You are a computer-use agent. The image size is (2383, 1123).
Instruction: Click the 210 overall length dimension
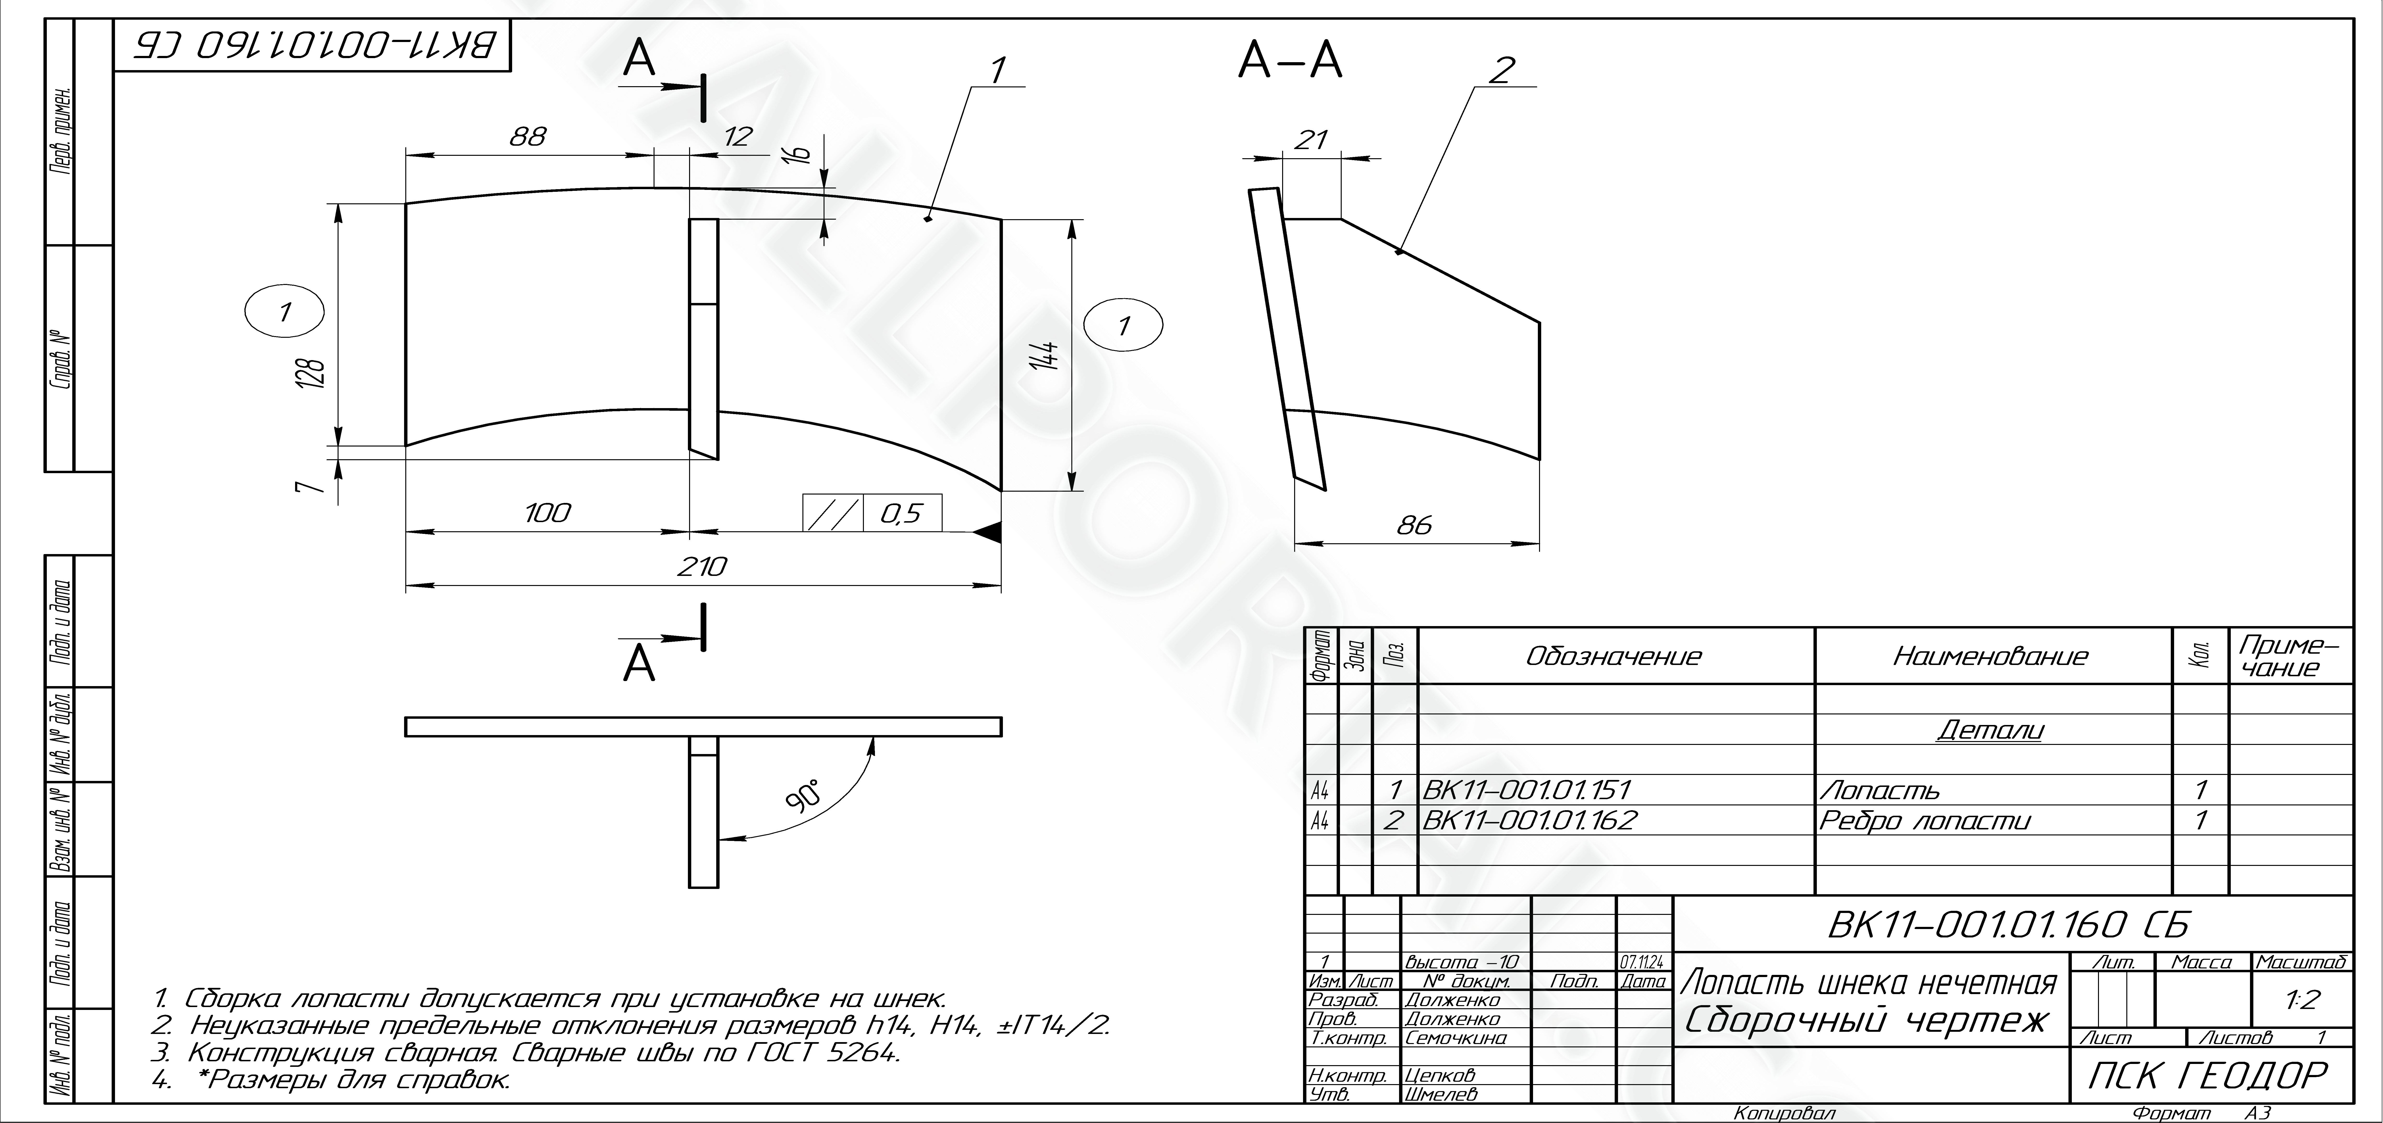pos(702,566)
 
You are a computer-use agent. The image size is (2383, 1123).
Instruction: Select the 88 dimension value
pos(528,137)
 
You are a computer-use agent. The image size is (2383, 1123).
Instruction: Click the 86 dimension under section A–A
pos(1414,525)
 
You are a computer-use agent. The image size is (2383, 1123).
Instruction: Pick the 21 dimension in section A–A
pos(1311,140)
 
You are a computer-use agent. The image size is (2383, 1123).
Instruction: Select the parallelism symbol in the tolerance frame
pos(833,513)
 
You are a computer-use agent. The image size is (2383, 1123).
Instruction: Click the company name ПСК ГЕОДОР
pos(2206,1075)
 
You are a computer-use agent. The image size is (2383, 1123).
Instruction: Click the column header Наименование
pos(1991,657)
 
